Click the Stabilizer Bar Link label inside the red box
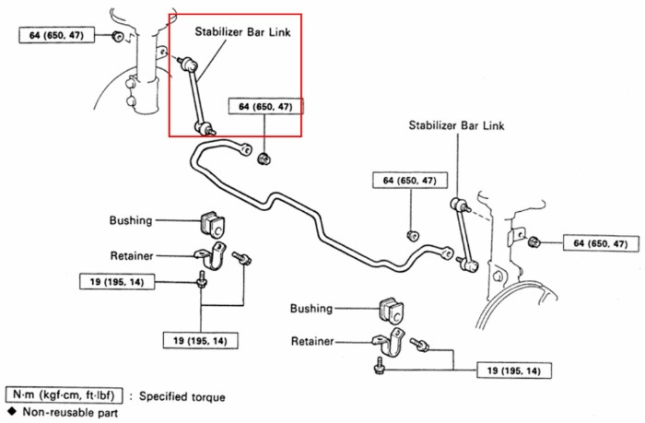click(x=242, y=32)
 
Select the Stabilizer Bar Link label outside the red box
click(x=456, y=125)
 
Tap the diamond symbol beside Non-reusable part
click(x=11, y=411)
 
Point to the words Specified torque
click(x=182, y=396)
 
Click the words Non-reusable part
click(x=70, y=412)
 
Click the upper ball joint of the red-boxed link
click(x=190, y=64)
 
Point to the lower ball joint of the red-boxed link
click(x=204, y=128)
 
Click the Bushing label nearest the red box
click(x=131, y=220)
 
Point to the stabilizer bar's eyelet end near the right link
click(x=447, y=253)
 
